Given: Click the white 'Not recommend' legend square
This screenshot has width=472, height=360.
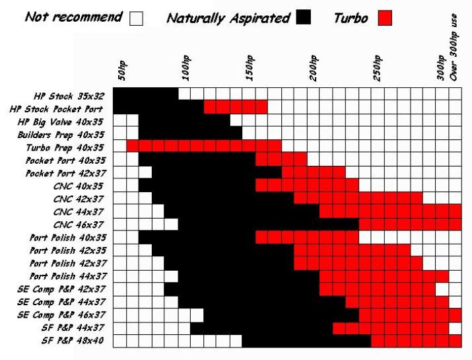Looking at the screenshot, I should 136,18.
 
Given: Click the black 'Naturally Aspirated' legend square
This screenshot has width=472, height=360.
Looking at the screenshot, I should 304,18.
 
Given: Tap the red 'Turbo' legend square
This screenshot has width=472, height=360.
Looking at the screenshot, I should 384,18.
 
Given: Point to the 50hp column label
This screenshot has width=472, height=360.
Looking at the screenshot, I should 121,69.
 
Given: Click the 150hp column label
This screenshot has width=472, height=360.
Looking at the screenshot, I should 250,67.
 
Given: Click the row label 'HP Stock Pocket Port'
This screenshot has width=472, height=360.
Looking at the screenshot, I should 64,108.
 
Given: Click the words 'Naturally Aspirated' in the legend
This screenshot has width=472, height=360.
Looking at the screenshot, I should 228,18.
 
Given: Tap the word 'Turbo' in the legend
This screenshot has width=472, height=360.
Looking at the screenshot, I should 351,18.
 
